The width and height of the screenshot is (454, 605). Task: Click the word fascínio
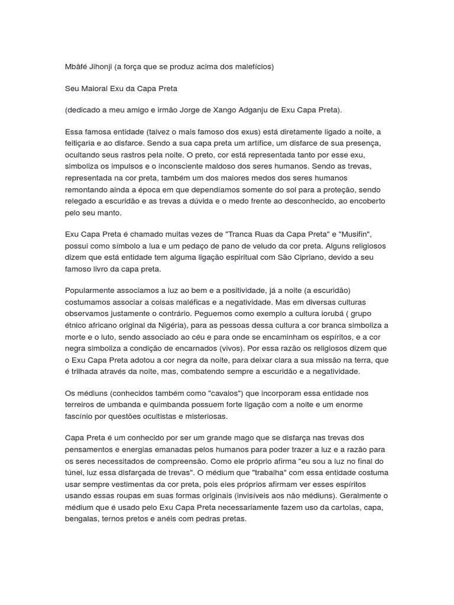point(82,415)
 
